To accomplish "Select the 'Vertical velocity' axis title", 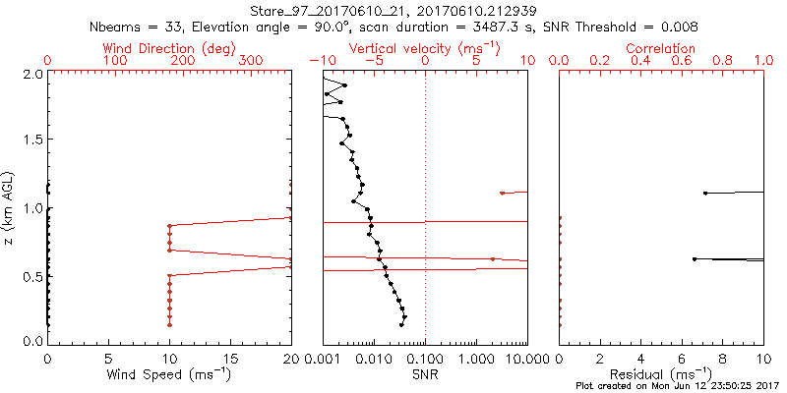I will (424, 48).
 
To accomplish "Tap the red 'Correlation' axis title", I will (661, 48).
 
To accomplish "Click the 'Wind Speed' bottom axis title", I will (169, 374).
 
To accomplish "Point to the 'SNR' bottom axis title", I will (425, 374).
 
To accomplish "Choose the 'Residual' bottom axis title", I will (661, 374).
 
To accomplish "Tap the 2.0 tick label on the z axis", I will (32, 75).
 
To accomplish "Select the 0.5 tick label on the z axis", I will (32, 276).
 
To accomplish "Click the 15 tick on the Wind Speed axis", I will (230, 359).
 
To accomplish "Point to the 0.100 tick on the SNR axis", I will (425, 359).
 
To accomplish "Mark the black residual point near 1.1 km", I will (704, 193).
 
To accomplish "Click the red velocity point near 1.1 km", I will (502, 193).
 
